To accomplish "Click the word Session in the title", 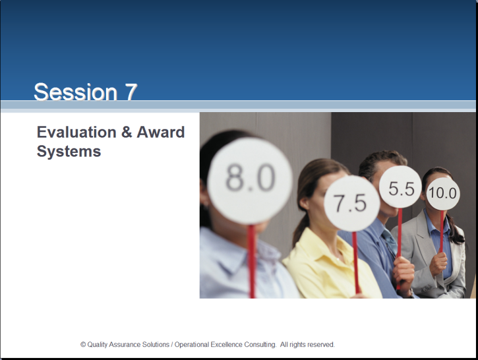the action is click(76, 92).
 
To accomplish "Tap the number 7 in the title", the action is click(131, 92).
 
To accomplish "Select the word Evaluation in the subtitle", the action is click(76, 133).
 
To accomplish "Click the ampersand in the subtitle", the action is click(126, 133).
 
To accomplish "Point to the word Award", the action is click(161, 133).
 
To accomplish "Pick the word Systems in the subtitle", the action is click(69, 152).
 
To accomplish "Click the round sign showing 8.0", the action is click(250, 181).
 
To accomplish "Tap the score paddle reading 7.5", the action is click(352, 203).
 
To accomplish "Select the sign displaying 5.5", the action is click(401, 187).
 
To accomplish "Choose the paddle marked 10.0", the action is click(442, 194).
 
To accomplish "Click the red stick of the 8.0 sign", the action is click(251, 261).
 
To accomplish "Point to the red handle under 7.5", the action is click(355, 263).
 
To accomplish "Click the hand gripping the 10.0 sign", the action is click(438, 263).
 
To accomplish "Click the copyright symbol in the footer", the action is click(83, 345).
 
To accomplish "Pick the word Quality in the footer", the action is click(97, 345).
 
